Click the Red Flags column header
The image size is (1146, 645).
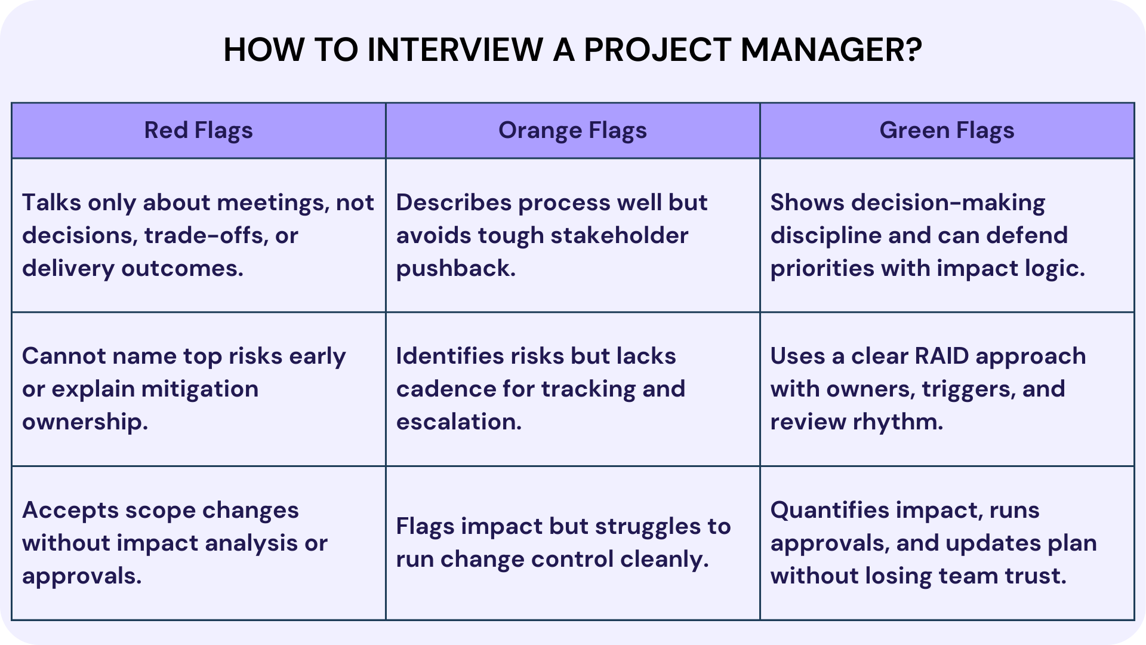(x=198, y=130)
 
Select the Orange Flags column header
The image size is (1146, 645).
(x=572, y=130)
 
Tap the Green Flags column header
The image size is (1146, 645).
(x=947, y=130)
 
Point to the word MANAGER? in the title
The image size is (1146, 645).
(x=831, y=50)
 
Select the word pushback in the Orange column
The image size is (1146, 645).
(x=455, y=269)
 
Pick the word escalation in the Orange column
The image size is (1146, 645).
(x=458, y=422)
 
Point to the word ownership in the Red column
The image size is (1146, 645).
(x=85, y=422)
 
